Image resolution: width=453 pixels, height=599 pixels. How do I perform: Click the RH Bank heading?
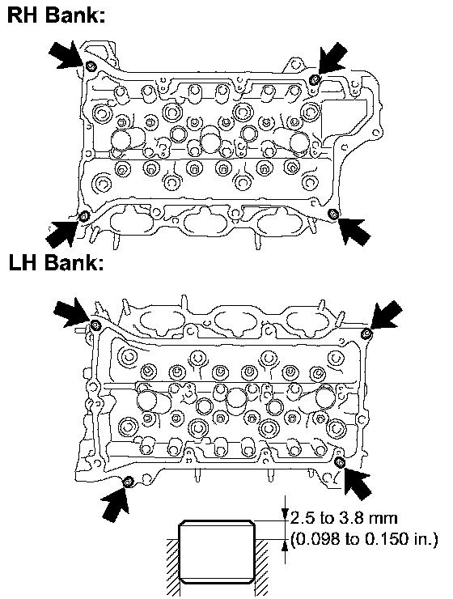(56, 15)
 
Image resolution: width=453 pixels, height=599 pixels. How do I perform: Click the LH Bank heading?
(56, 263)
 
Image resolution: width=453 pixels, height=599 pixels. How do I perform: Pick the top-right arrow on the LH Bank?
(386, 314)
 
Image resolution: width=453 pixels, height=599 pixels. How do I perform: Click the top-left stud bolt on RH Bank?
(91, 66)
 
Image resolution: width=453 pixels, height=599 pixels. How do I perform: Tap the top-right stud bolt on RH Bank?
(314, 79)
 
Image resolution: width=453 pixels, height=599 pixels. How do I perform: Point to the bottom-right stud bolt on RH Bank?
(333, 214)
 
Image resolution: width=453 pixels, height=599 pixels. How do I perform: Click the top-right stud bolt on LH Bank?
(366, 333)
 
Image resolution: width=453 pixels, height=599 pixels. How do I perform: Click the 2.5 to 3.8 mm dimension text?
(344, 518)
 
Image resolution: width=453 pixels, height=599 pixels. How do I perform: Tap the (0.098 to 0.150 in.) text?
(364, 539)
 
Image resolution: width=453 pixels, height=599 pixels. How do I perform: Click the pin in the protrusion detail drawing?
(217, 551)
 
